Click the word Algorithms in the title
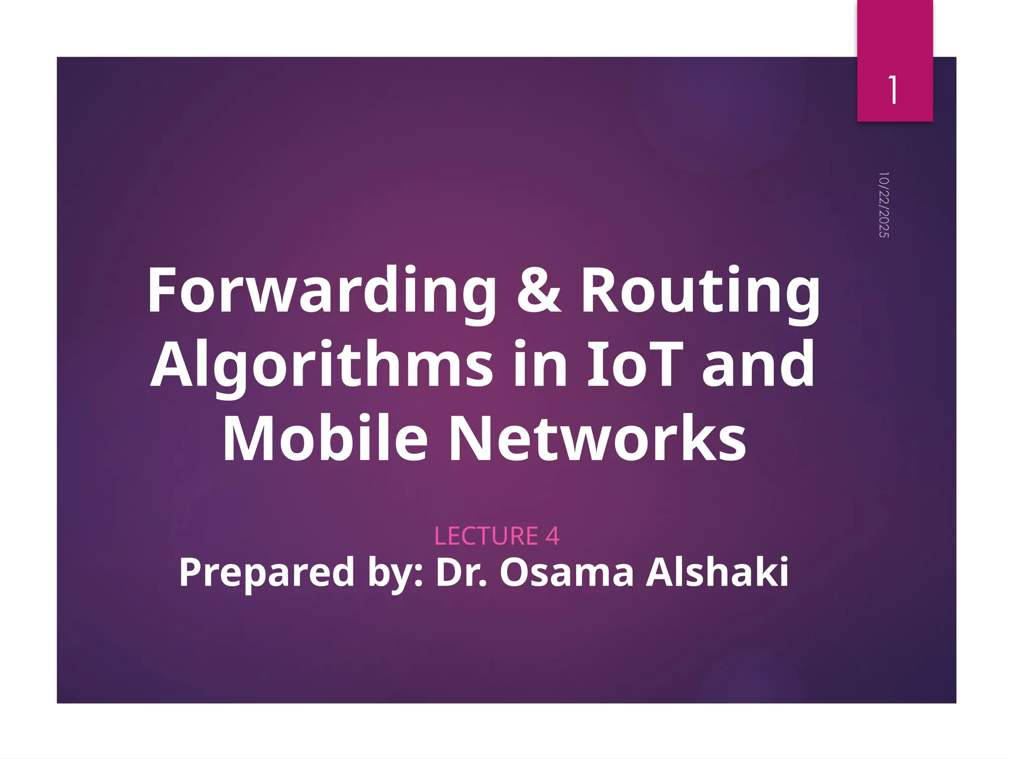pyautogui.click(x=321, y=366)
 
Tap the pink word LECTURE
pyautogui.click(x=486, y=536)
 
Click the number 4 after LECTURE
pyautogui.click(x=552, y=536)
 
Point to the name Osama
pyautogui.click(x=566, y=572)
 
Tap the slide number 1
pyautogui.click(x=893, y=90)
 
